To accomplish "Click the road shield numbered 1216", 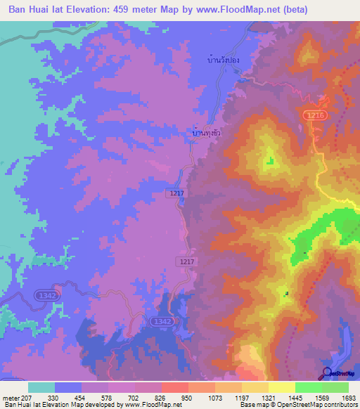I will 314,114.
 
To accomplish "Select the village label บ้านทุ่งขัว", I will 208,131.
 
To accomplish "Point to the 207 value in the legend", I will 20,397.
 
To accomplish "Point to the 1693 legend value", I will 347,397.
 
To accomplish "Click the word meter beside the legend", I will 6,397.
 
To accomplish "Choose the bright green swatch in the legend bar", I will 308,387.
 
